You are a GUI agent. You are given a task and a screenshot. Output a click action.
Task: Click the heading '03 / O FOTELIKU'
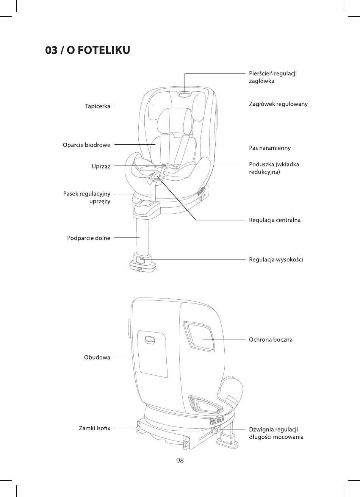88,50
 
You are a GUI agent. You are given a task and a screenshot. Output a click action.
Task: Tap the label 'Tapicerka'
97,106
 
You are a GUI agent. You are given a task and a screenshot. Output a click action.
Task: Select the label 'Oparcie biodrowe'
86,145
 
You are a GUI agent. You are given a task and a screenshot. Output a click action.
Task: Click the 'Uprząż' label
101,166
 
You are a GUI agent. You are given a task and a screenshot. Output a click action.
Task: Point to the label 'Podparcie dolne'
89,238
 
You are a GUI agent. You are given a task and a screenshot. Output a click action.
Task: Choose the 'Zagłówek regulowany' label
278,104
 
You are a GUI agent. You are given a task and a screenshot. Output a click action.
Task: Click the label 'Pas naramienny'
270,148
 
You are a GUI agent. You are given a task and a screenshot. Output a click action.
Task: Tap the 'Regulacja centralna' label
275,220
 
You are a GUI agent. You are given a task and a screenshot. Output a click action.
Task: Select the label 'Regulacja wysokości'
276,259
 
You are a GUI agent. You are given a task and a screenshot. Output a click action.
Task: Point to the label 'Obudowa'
97,358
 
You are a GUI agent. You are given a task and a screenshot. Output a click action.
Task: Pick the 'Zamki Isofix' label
95,428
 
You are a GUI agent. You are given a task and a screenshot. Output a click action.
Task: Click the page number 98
180,461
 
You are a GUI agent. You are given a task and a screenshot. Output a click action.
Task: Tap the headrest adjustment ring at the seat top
185,95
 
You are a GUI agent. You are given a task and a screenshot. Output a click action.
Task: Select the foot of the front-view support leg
142,266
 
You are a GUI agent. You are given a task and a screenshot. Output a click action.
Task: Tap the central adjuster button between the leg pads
155,177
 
